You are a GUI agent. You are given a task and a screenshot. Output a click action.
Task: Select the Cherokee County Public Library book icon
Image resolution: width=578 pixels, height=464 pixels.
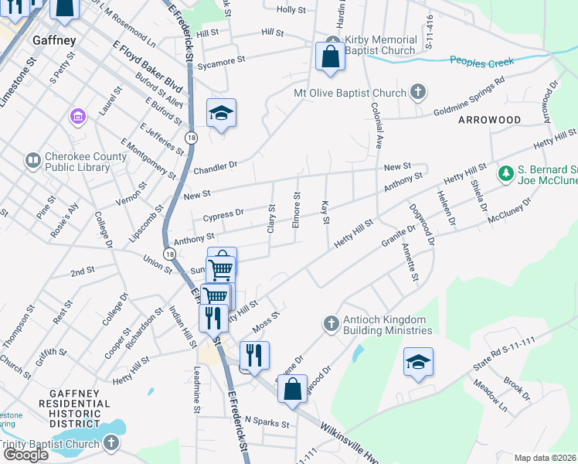point(32,160)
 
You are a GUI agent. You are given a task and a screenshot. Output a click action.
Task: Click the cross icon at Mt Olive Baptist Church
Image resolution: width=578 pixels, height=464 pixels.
point(417,93)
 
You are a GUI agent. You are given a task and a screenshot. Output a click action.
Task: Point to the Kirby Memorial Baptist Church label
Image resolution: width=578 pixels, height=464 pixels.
point(382,45)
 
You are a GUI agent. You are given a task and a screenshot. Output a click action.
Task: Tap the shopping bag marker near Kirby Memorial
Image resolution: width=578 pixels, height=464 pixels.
point(330,57)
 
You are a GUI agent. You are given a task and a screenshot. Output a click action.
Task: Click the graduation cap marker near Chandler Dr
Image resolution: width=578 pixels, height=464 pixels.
point(222,114)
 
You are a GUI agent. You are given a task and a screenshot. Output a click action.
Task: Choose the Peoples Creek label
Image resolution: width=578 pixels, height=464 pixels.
point(482,62)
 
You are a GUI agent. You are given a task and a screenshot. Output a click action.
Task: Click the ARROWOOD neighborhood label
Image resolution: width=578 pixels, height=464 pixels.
point(490,121)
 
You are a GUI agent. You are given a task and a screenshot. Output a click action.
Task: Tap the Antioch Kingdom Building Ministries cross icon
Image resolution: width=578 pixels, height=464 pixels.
point(331,323)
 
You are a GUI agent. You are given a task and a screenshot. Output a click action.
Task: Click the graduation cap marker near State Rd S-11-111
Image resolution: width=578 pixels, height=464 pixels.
point(418,362)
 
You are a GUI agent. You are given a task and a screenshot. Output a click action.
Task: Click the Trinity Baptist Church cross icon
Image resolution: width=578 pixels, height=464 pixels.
point(111,444)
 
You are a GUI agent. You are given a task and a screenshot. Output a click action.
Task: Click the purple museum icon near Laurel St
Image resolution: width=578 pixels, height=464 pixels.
point(77,117)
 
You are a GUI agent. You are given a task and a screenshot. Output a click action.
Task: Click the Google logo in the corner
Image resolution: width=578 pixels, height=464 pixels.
point(25,455)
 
